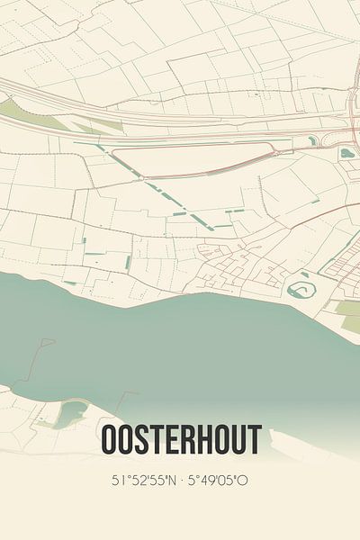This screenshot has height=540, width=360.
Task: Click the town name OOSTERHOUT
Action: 182,440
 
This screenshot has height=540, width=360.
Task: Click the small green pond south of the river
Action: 69,415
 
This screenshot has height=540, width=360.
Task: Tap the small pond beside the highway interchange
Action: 346,153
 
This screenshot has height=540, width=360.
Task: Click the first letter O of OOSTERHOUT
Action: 110,440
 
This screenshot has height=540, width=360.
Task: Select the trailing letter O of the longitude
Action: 244,481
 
